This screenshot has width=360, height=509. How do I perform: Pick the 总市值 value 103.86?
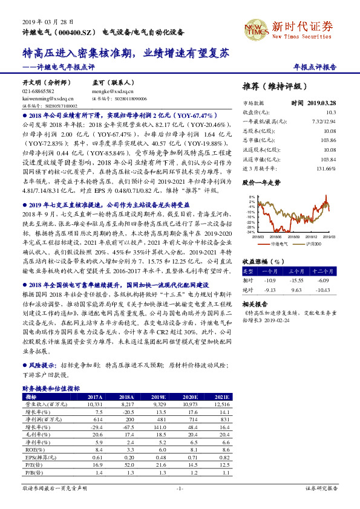328,140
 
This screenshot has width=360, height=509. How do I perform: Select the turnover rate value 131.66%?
326,167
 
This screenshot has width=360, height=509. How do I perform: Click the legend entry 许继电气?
277,243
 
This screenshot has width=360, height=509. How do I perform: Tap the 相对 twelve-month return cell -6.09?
324,280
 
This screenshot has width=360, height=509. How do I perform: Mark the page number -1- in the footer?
180,487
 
